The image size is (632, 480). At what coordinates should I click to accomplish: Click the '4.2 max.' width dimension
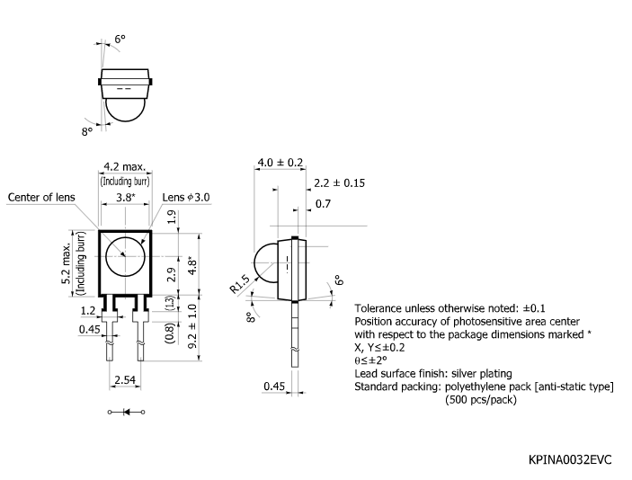pos(125,167)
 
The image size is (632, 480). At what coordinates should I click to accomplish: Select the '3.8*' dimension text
pos(126,197)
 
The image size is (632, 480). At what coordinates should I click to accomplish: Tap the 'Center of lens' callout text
pos(42,198)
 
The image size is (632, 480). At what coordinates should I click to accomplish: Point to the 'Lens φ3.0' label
pos(185,198)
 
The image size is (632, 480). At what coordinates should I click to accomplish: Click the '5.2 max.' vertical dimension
pos(67,262)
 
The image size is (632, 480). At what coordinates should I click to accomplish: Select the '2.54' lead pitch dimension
pos(125,382)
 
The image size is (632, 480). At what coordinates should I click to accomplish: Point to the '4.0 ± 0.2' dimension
pos(280,163)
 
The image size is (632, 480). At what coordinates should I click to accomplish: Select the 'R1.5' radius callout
pos(238,285)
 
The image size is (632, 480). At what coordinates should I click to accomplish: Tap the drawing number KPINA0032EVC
pos(570,460)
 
